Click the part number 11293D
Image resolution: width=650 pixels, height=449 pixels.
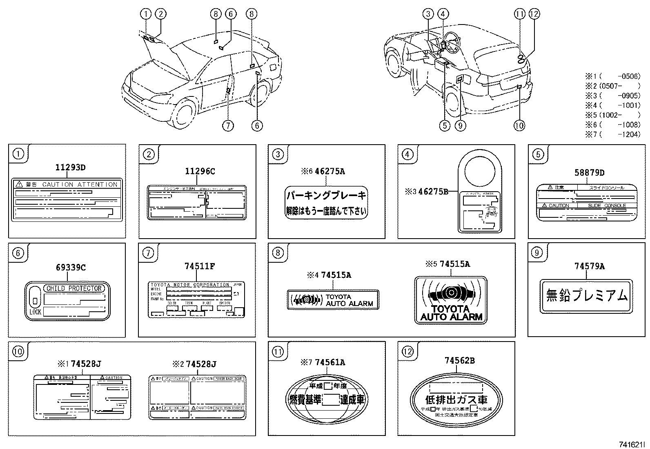(x=70, y=167)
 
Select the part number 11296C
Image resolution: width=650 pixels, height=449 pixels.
(x=200, y=172)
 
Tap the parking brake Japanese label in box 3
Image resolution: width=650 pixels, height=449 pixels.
(x=326, y=203)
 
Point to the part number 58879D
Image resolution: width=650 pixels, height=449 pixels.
(x=590, y=172)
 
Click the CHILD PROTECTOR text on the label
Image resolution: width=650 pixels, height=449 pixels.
(x=73, y=288)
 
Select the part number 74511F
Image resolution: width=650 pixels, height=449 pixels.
(x=200, y=266)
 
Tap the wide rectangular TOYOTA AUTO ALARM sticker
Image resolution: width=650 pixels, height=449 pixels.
(x=333, y=300)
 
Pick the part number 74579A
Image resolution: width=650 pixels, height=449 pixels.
(x=590, y=266)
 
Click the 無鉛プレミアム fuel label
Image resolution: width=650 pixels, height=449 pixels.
(x=586, y=296)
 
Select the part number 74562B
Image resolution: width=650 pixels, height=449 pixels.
(x=459, y=360)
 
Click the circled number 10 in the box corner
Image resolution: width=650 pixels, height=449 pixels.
(x=18, y=351)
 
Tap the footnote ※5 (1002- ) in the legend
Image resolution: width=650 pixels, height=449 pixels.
(x=612, y=115)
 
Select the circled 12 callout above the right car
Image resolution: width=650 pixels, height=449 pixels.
(x=534, y=14)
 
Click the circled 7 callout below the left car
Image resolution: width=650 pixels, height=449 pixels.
(x=228, y=125)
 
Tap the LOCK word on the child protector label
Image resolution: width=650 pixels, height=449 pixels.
(x=35, y=312)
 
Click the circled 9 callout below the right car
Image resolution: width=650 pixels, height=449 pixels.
(x=460, y=125)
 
